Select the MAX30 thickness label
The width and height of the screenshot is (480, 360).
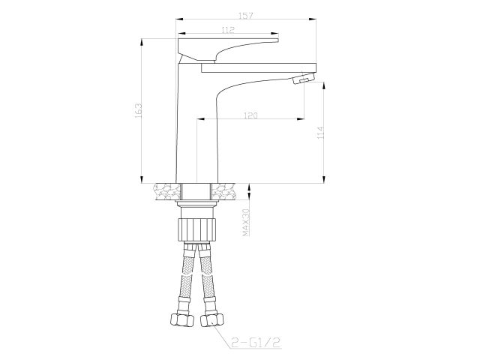click(245, 223)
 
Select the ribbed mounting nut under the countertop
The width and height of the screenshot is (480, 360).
click(197, 226)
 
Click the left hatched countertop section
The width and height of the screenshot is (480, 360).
click(165, 191)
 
